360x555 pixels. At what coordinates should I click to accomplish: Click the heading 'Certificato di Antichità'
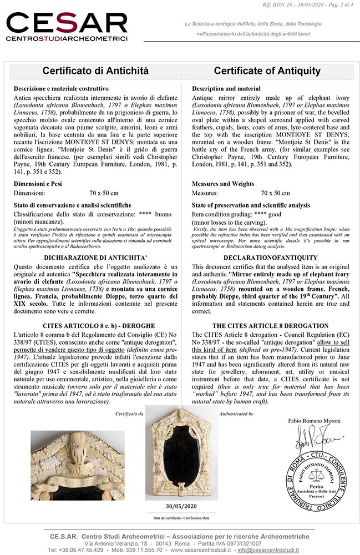click(x=95, y=71)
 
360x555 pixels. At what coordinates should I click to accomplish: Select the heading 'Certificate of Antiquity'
click(x=267, y=71)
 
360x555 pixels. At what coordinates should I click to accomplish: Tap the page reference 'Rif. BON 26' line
click(x=311, y=5)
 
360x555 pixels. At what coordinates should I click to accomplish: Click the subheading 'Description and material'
click(x=226, y=89)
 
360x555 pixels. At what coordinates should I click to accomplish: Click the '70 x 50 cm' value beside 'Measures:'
click(x=275, y=193)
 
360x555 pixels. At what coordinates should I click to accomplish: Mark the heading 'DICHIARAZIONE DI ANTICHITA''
click(x=95, y=258)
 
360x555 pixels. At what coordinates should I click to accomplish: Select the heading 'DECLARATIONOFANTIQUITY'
click(x=270, y=258)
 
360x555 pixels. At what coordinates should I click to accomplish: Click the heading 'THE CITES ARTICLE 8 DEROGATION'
click(x=270, y=326)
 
